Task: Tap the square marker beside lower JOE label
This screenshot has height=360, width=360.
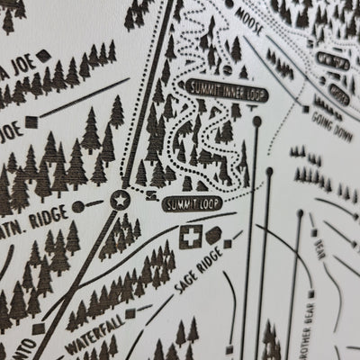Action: pyautogui.click(x=32, y=120)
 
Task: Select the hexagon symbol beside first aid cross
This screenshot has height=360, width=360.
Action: pyautogui.click(x=212, y=236)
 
